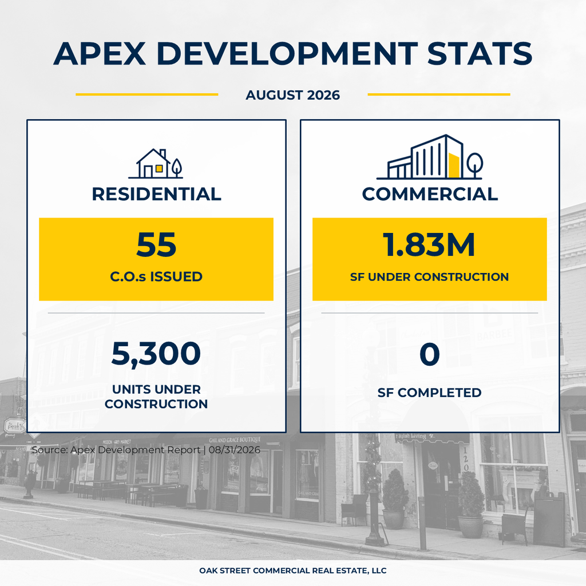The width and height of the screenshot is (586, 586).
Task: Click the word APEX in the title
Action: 100,53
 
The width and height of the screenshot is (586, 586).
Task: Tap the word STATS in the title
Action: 480,53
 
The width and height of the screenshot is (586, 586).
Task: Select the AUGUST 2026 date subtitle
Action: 292,95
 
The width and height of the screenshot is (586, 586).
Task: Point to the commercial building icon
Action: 430,157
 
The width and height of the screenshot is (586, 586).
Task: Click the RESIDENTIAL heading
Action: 156,194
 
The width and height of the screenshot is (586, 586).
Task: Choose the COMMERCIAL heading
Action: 430,194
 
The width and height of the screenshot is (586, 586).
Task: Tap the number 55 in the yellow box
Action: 156,245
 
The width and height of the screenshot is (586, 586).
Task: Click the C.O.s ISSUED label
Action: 156,276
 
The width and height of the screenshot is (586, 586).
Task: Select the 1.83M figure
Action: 429,245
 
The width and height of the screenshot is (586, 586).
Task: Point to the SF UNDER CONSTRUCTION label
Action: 429,277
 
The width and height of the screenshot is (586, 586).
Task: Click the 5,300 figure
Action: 156,354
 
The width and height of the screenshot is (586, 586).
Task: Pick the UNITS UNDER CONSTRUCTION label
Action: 156,397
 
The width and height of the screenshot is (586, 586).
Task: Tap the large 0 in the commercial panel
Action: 429,354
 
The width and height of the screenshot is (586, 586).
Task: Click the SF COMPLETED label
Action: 429,393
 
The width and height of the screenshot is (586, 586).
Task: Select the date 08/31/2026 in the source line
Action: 234,450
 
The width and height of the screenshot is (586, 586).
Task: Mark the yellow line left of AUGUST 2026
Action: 147,94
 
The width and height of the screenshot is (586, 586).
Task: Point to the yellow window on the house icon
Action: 159,169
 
